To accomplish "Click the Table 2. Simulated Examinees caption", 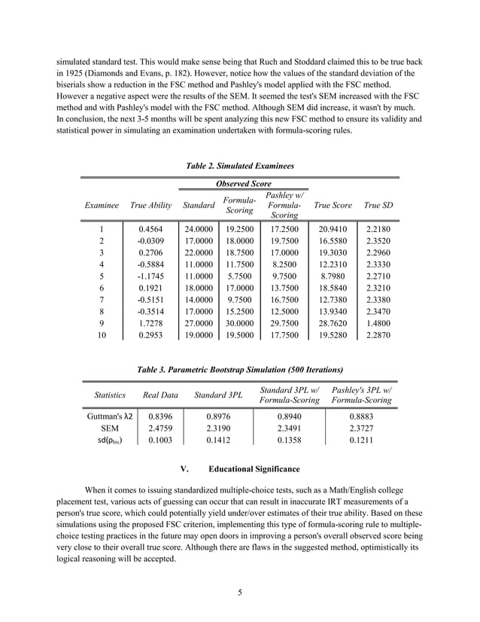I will (239, 164).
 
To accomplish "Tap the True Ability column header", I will (150, 205).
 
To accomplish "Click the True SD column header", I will (377, 205).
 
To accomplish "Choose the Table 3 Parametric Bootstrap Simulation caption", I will (239, 370).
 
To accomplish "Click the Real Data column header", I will (160, 395).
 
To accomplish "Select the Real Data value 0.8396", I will (160, 415).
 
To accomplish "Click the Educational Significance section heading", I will (240, 469).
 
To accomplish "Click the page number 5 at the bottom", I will (239, 591).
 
